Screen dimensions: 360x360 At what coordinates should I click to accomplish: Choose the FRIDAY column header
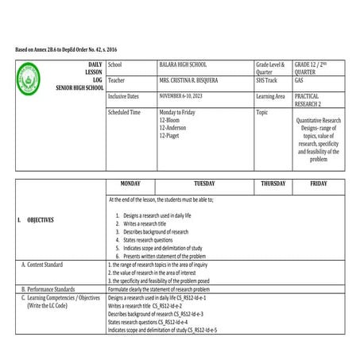pyautogui.click(x=319, y=184)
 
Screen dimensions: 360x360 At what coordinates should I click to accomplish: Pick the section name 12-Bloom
pyautogui.click(x=172, y=120)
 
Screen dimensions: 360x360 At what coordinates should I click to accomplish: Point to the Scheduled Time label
pyautogui.click(x=124, y=113)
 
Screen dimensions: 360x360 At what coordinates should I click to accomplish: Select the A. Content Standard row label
pyautogui.click(x=48, y=264)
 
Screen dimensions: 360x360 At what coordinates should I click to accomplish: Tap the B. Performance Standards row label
pyautogui.click(x=54, y=289)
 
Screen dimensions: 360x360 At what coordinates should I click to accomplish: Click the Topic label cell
pyautogui.click(x=262, y=113)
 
